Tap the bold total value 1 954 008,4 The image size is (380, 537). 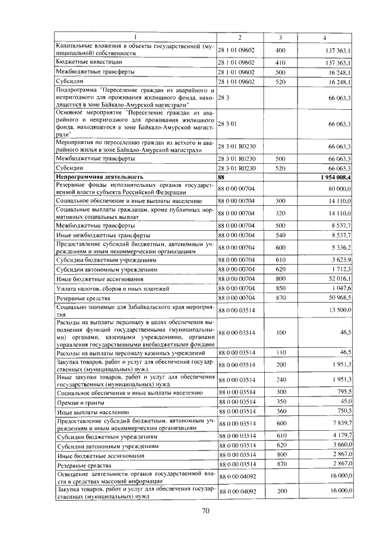click(x=335, y=177)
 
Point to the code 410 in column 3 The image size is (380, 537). click(x=281, y=62)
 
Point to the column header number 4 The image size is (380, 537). click(x=324, y=38)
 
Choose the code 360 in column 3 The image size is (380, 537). click(x=281, y=411)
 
